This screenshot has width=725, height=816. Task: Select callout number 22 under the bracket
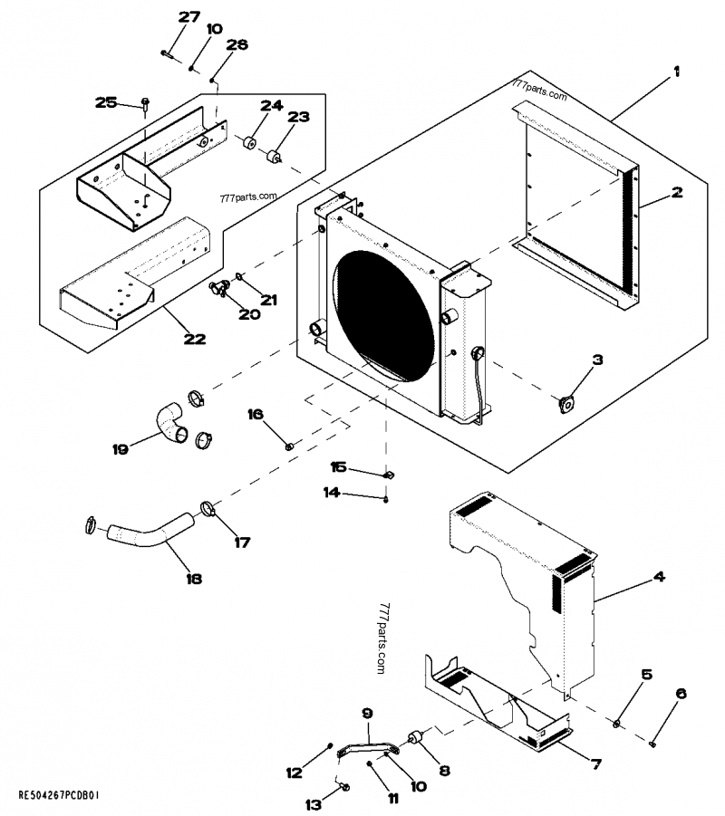point(194,340)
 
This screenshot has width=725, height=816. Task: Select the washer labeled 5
point(615,722)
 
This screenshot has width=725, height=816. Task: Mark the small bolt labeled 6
point(653,744)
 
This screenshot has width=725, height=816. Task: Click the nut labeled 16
point(289,445)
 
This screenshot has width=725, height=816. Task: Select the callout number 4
point(659,576)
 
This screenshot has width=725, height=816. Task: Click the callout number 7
point(595,764)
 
